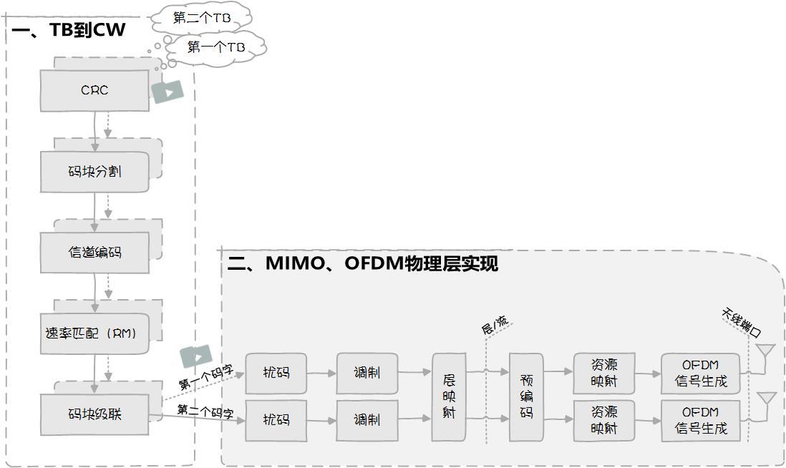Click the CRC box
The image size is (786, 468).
(94, 90)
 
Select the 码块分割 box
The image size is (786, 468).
(94, 172)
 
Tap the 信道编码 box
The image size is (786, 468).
(94, 253)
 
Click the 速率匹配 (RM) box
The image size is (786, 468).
(94, 333)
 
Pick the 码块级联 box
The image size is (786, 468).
(94, 414)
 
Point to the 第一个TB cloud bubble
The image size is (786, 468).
(216, 48)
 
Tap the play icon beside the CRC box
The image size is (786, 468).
(168, 92)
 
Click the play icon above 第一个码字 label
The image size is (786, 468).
(196, 357)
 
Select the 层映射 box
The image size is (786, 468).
(449, 396)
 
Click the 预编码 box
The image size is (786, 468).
(526, 396)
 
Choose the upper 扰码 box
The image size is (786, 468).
(276, 374)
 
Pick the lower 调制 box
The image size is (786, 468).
(367, 420)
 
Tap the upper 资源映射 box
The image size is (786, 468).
(604, 374)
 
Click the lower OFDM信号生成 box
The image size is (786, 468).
(700, 420)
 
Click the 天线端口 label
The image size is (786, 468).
(742, 323)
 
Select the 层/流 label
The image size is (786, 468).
(495, 325)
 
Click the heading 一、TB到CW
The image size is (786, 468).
(68, 30)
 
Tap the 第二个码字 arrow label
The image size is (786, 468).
(205, 411)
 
